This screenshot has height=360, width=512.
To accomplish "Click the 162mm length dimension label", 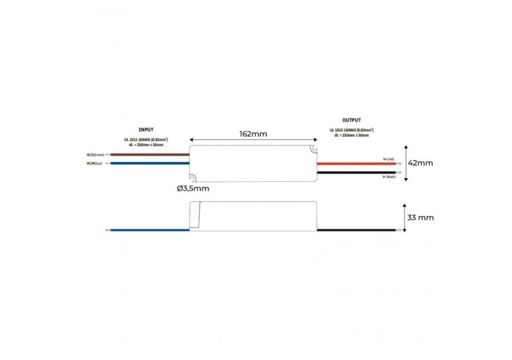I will coord(254,133).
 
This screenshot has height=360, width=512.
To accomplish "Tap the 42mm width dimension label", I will coord(421,163).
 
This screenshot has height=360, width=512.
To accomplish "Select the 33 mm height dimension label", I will coord(421,217).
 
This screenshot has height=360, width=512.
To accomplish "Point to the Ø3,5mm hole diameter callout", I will coord(192,188).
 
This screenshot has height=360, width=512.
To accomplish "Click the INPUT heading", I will coord(146,130).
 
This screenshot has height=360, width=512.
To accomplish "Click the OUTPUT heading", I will coord(352,120).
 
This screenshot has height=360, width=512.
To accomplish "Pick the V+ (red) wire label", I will coord(388,159).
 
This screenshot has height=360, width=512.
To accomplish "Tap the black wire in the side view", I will coord(358,231).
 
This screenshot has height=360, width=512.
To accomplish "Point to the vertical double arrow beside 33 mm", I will coord(405,217).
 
